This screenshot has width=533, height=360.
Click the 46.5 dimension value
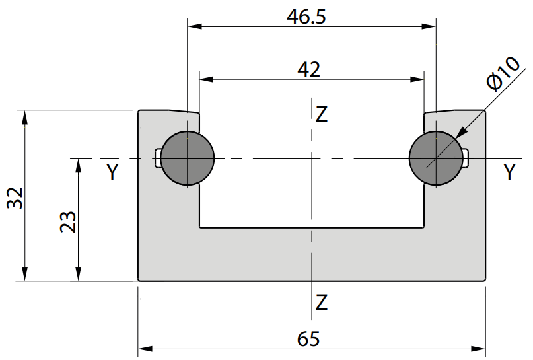coord(306,17)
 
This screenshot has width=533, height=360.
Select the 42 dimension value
coord(308,70)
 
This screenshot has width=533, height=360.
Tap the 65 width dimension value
coord(308,339)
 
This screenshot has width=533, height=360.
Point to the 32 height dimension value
coord(15,198)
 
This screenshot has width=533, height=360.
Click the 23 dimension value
coord(68,222)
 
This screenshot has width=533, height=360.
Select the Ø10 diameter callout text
coord(503,74)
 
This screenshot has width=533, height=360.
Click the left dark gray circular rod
coord(188,159)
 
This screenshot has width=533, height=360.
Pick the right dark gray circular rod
coord(436,159)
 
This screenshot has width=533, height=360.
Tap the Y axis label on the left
coord(112,172)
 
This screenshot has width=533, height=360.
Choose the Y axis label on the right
coord(509,172)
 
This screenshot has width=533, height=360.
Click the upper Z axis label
coord(322,114)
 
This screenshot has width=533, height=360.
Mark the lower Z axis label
coord(322,303)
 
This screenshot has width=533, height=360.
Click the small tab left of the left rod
coord(157,159)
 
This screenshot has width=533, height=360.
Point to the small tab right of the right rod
coord(466,159)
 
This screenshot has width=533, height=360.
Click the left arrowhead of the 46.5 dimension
coord(195,26)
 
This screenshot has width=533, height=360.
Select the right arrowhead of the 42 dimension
coord(417,79)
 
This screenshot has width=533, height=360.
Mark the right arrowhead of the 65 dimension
coord(478,349)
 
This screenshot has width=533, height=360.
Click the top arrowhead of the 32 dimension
coord(24,118)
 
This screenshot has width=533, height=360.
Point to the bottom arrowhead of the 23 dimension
coord(78,274)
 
